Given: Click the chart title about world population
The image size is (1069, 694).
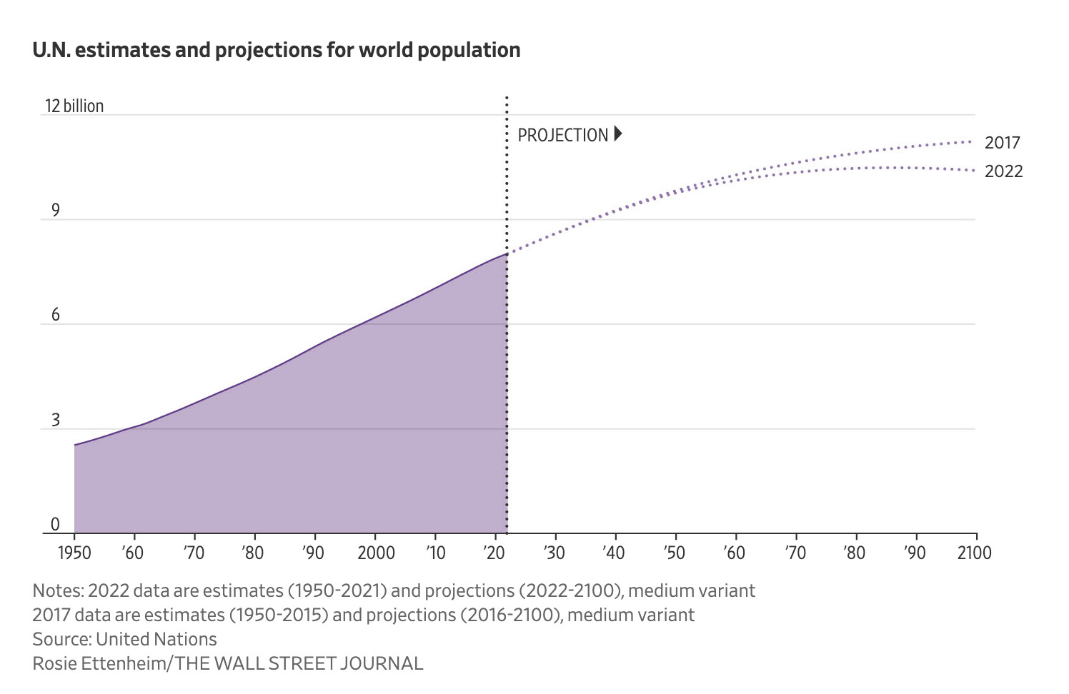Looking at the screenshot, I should pyautogui.click(x=276, y=51).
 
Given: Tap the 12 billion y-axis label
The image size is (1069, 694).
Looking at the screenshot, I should pyautogui.click(x=74, y=106).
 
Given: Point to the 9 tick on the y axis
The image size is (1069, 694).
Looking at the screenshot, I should pyautogui.click(x=55, y=211).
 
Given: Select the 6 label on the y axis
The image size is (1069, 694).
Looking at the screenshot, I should pyautogui.click(x=55, y=316).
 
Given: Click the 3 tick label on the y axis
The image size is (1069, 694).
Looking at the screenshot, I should pyautogui.click(x=55, y=421).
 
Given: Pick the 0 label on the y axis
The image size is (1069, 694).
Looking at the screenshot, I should pyautogui.click(x=55, y=525).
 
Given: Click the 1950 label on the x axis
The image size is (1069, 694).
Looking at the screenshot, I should pyautogui.click(x=74, y=553).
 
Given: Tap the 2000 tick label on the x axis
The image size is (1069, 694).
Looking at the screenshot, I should pyautogui.click(x=376, y=553).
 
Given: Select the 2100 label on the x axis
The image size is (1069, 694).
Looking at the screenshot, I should pyautogui.click(x=975, y=553).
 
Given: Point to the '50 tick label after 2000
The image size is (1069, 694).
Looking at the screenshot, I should pyautogui.click(x=674, y=553).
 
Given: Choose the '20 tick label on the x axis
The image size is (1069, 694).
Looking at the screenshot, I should pyautogui.click(x=494, y=553).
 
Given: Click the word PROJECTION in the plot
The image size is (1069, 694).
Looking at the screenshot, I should pyautogui.click(x=562, y=136).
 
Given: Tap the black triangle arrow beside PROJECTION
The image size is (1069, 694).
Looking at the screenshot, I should pyautogui.click(x=618, y=134).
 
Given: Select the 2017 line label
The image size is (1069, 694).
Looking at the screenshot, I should pyautogui.click(x=1002, y=143).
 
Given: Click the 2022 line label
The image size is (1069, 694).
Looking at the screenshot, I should pyautogui.click(x=1003, y=171).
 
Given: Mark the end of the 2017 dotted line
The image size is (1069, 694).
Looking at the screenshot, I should pyautogui.click(x=971, y=141).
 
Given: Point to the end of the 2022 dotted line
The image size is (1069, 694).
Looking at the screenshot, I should pyautogui.click(x=974, y=170).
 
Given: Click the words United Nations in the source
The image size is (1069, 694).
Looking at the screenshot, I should pyautogui.click(x=156, y=639).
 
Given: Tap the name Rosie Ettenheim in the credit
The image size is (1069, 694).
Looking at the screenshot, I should pyautogui.click(x=99, y=663).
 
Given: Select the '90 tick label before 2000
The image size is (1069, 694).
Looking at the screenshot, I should pyautogui.click(x=313, y=553).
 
